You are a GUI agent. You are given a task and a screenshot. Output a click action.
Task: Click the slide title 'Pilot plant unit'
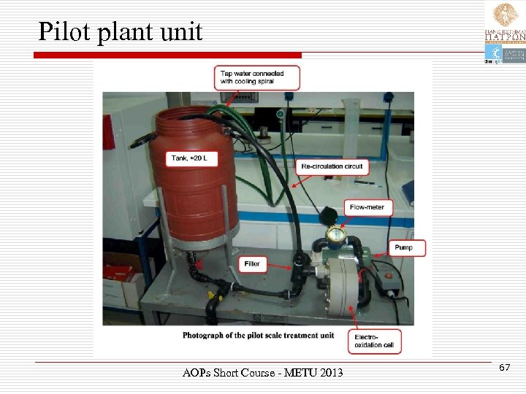click(120, 31)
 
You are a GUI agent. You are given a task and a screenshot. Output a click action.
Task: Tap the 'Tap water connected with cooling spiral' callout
click(257, 77)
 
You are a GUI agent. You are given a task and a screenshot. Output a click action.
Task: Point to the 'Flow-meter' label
click(369, 207)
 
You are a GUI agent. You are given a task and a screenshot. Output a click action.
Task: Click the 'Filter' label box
click(252, 263)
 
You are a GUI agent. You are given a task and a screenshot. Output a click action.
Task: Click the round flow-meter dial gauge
click(335, 234)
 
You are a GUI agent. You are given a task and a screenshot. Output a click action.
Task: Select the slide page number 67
click(504, 368)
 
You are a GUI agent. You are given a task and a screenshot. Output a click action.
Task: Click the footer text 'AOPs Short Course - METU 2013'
click(262, 374)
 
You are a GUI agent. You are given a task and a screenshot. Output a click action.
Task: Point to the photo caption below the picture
click(258, 335)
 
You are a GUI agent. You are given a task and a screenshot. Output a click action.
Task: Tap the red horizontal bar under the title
click(168, 55)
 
